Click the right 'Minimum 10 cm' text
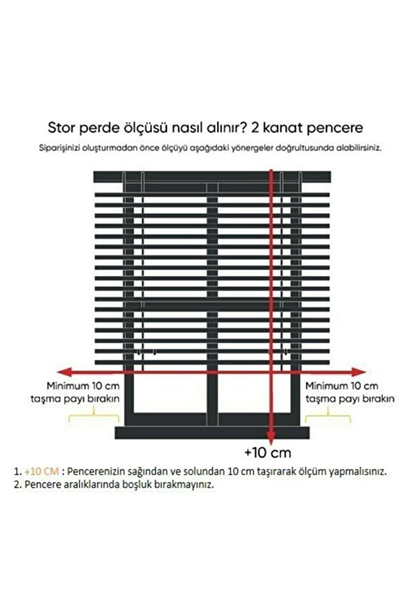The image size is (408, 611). coord(342,385)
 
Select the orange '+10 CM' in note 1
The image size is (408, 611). coord(41,471)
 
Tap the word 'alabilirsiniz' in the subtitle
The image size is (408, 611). coord(357,148)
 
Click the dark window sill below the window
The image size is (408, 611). coord(212,432)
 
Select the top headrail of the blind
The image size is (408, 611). coord(212,177)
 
